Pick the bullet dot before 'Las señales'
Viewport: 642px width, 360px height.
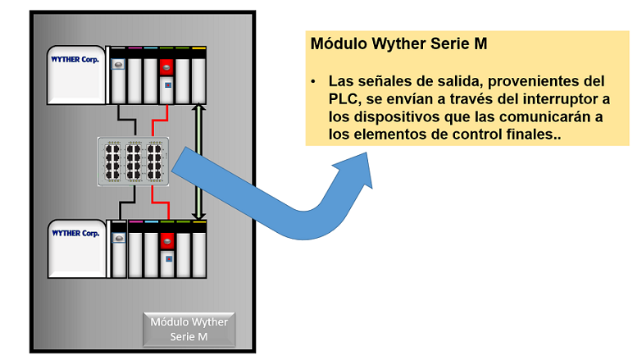314,82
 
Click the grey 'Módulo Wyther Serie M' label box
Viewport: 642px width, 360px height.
189,329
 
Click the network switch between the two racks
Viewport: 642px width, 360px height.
132,160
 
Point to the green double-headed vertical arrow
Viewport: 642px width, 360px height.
198,161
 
